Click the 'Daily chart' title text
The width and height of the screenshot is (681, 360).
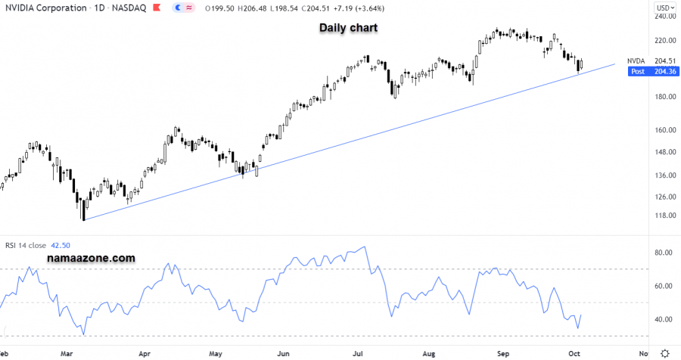(348, 27)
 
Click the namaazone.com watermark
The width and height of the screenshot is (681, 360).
(91, 258)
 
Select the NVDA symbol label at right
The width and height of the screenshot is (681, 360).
(636, 61)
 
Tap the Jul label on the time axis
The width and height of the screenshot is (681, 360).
(356, 352)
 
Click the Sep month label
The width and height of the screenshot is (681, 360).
(503, 352)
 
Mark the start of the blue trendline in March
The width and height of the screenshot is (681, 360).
(83, 220)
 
